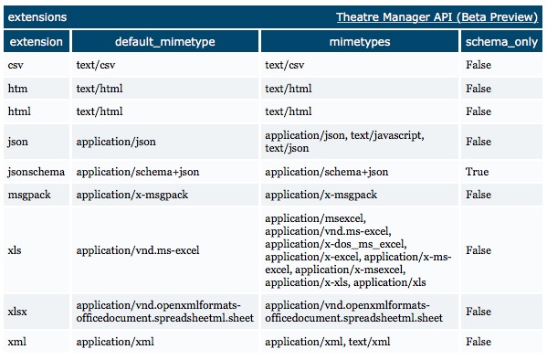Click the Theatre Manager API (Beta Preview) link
437,17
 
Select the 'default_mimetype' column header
163,42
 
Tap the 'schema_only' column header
502,42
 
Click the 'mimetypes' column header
360,42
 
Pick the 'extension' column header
36,42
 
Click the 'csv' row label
16,66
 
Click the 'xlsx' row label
17,311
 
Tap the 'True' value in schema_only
477,171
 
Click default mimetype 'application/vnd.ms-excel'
138,250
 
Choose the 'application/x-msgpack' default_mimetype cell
133,195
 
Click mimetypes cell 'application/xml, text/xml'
327,341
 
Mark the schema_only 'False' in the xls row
479,250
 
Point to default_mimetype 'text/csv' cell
96,66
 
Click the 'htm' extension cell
17,89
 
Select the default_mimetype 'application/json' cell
116,142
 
